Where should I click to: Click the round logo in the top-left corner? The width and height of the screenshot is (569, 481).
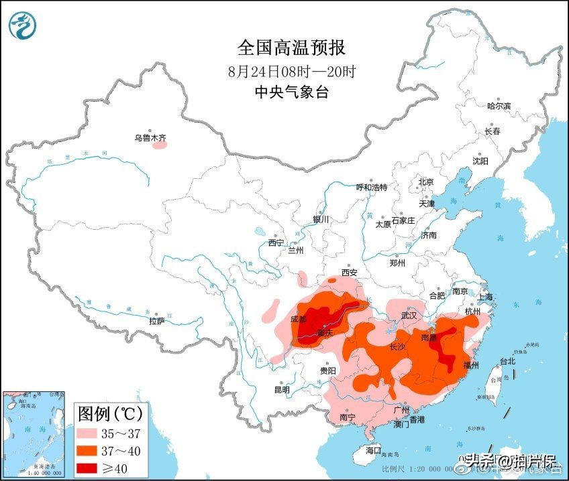22,25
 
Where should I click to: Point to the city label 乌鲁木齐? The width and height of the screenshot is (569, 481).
150,138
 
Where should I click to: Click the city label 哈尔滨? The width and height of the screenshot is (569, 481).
499,106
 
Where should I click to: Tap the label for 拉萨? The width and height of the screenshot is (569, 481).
156,322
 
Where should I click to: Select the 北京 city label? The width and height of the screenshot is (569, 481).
426,182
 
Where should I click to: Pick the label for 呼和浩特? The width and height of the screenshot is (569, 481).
371,188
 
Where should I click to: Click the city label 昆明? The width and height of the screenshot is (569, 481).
282,390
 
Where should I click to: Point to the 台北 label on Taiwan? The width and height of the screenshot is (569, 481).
507,361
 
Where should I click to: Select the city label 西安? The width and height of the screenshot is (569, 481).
349,273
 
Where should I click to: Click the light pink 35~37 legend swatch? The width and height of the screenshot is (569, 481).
91,432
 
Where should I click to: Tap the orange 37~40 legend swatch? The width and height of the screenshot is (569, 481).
91,450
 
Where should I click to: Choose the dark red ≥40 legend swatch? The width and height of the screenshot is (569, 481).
91,467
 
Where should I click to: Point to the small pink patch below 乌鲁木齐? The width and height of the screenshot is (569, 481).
159,145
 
